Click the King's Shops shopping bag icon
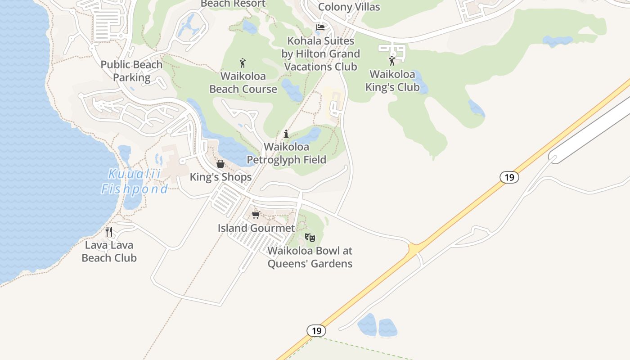(x=220, y=164)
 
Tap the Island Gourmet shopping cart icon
(x=256, y=215)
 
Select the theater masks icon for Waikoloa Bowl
(x=310, y=237)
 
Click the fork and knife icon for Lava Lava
(x=109, y=232)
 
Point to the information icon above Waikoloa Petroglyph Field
(x=286, y=134)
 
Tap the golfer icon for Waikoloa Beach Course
(x=243, y=63)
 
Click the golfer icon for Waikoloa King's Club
(x=392, y=61)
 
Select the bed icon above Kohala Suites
(x=320, y=27)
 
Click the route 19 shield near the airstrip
(x=509, y=177)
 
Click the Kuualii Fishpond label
(x=135, y=181)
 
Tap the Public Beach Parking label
(x=131, y=71)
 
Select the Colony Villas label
(x=349, y=7)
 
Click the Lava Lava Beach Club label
(x=109, y=252)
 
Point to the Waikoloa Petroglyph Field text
(x=287, y=153)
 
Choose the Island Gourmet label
(x=256, y=228)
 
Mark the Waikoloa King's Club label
(x=392, y=80)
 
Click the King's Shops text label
(x=220, y=177)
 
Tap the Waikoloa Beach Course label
(x=243, y=82)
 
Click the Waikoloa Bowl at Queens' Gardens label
(x=310, y=257)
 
